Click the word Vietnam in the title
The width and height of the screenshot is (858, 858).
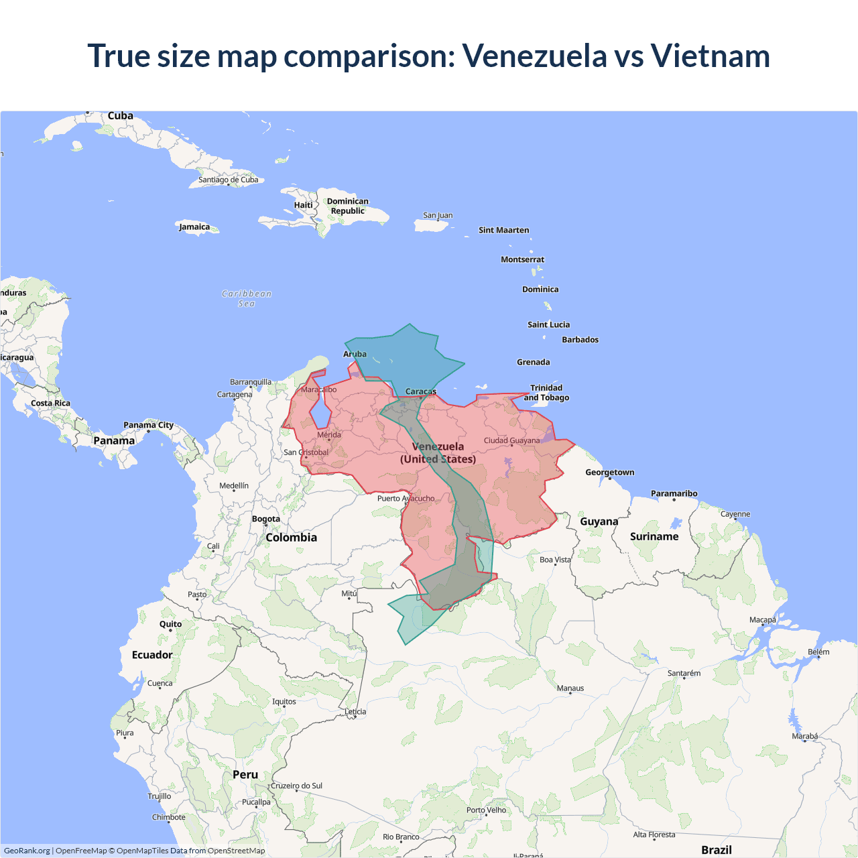coord(710,56)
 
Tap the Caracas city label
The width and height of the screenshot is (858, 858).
coord(420,391)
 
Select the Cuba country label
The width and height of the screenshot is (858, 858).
coord(121,116)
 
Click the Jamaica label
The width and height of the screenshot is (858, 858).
coord(194,227)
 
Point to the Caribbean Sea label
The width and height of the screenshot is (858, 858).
coord(247,298)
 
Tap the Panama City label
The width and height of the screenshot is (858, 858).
coord(148,425)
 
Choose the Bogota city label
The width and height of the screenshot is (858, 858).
coord(266,519)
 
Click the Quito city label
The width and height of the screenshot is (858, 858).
coord(170,624)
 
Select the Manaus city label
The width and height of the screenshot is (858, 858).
coord(570,688)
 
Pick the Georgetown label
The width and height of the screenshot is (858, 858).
coord(609,473)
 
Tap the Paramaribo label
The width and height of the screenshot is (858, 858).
coord(674,494)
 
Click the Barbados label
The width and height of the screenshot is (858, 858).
coord(580,340)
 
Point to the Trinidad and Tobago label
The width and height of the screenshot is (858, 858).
coord(546,393)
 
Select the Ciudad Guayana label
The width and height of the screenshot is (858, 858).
coord(511,440)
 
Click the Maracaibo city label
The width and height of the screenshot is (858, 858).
coord(319,389)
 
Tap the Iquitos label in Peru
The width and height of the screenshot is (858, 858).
coord(284,702)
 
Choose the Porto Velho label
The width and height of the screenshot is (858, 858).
coord(486,810)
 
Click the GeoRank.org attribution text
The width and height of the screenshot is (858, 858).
coord(27,851)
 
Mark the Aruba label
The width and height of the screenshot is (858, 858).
coord(355,354)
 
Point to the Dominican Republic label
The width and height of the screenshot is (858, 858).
coord(347,206)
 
